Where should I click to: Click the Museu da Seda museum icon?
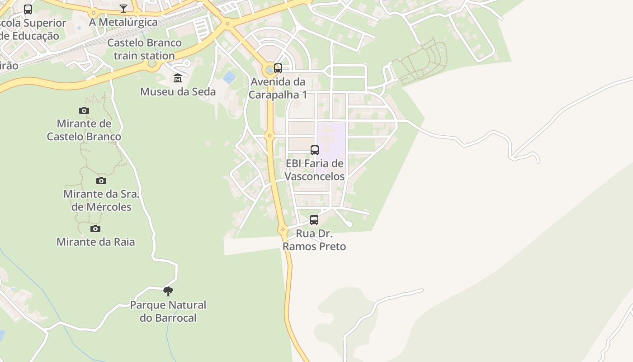(178, 78)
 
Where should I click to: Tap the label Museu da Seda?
(178, 92)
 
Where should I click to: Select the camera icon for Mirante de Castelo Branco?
(84, 110)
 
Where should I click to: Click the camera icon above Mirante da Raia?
(95, 229)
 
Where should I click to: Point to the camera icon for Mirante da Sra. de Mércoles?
(101, 181)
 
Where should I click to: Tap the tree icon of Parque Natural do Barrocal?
(168, 291)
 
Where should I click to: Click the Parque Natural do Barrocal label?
(168, 311)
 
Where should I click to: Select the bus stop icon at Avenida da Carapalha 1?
(278, 68)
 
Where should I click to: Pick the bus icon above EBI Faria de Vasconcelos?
(314, 150)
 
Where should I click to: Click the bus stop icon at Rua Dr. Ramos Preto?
(314, 220)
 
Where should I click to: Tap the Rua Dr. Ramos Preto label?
(314, 240)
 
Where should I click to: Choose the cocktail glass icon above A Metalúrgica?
(123, 8)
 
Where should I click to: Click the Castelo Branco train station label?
(144, 49)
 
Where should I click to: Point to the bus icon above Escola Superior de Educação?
(28, 9)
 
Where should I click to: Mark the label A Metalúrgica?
(123, 22)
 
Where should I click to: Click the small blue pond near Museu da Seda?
(229, 77)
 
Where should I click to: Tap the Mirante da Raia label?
(95, 242)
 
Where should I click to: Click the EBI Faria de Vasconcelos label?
(315, 170)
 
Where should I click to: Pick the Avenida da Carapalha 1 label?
(278, 88)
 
